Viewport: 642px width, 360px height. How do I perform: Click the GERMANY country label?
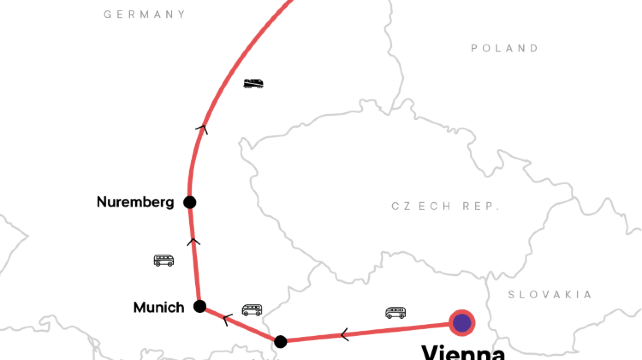pyautogui.click(x=145, y=15)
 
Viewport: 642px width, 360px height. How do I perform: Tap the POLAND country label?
pyautogui.click(x=505, y=48)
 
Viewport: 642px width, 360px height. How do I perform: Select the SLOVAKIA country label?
pyautogui.click(x=550, y=294)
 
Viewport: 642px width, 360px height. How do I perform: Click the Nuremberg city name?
pyautogui.click(x=135, y=202)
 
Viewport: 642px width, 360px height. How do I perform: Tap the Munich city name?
pyautogui.click(x=159, y=308)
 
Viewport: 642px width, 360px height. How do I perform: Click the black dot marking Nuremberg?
pyautogui.click(x=189, y=202)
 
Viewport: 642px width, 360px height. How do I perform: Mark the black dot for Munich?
pyautogui.click(x=200, y=307)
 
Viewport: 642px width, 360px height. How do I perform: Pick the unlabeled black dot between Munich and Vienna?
pyautogui.click(x=281, y=342)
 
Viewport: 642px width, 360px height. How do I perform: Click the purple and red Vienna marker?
pyautogui.click(x=461, y=322)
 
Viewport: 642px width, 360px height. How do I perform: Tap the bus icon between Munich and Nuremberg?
pyautogui.click(x=164, y=261)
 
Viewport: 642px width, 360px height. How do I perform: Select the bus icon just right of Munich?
pyautogui.click(x=252, y=310)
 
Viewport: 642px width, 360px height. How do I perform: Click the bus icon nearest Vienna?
pyautogui.click(x=396, y=313)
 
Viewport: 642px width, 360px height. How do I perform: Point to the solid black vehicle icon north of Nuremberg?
pyautogui.click(x=254, y=84)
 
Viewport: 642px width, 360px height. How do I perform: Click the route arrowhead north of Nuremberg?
pyautogui.click(x=203, y=127)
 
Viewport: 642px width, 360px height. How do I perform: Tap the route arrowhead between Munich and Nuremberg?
pyautogui.click(x=193, y=241)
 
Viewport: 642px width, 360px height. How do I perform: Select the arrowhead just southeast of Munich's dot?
pyautogui.click(x=228, y=320)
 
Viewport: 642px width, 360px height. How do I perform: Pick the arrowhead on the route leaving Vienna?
pyautogui.click(x=345, y=334)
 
